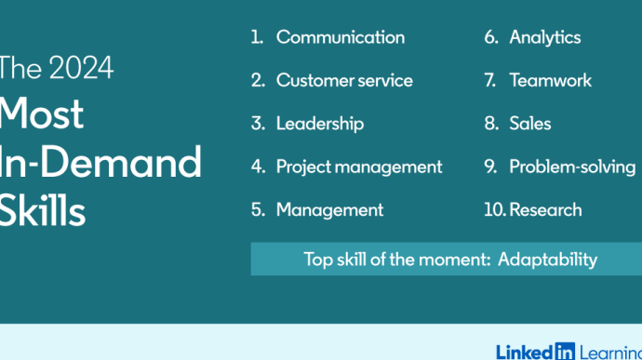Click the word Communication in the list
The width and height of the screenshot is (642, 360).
(x=341, y=37)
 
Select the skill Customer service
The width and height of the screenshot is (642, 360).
(x=344, y=80)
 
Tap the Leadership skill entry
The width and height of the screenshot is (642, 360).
(x=320, y=124)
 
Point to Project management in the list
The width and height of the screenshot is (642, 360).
(x=359, y=167)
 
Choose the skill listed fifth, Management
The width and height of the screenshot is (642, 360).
(x=329, y=210)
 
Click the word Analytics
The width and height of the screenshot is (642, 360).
(x=545, y=38)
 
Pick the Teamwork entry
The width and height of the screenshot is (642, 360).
(x=550, y=80)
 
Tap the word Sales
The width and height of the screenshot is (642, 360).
(x=529, y=124)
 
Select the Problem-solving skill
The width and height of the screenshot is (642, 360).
(x=572, y=167)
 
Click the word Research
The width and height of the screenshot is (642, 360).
(x=545, y=209)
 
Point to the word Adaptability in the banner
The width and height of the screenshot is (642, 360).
(x=547, y=260)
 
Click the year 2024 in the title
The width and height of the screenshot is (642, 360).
(x=81, y=68)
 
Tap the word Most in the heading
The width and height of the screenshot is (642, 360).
(x=41, y=113)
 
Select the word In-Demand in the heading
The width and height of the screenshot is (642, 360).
(x=100, y=163)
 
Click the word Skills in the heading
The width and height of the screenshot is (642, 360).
(x=42, y=209)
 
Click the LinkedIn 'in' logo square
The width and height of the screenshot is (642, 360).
(x=565, y=352)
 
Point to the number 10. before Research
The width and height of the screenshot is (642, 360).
(x=495, y=209)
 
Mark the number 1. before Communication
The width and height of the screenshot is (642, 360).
(x=257, y=37)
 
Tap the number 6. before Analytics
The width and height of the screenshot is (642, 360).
(x=491, y=37)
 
